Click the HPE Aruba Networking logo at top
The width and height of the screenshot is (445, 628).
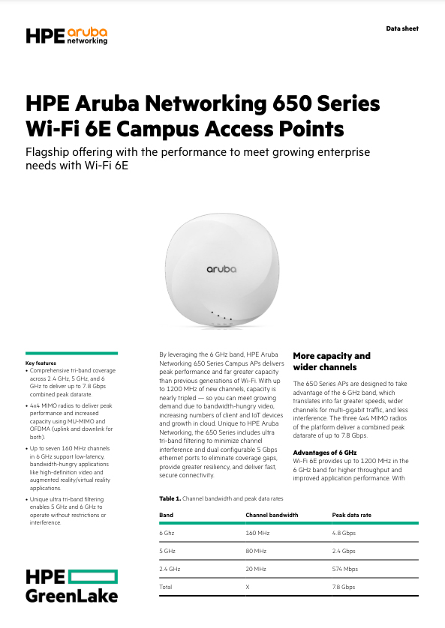tap(66, 35)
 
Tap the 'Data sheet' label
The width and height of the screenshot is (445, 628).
tap(402, 28)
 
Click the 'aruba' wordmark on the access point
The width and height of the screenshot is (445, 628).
tap(222, 268)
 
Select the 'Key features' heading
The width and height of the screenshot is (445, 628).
tap(42, 363)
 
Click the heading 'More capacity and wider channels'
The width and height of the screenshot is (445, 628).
tap(332, 361)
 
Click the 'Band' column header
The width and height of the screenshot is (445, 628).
tap(166, 515)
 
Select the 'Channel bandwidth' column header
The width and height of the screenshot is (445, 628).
tap(272, 515)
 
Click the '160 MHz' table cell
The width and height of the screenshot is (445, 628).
tap(257, 533)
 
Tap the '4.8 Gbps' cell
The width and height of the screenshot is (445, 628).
tap(344, 533)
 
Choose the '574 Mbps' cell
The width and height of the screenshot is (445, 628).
tap(345, 570)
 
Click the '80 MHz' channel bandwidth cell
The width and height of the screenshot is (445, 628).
tap(255, 551)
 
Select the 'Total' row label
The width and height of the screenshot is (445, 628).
tap(166, 588)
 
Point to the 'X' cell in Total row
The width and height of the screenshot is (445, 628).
tap(248, 588)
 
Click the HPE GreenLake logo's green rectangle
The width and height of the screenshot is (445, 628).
tap(95, 576)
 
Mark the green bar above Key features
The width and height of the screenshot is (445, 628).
tap(71, 352)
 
